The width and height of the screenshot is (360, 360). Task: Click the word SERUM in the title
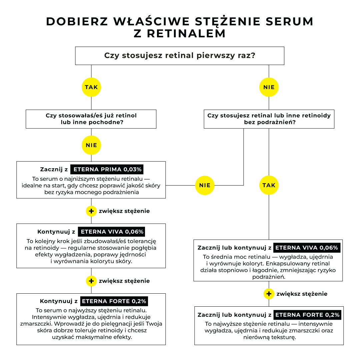[x=289, y=21]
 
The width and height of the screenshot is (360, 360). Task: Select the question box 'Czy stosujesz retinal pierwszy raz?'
[x=180, y=55]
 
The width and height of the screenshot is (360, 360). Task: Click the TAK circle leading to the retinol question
[x=91, y=87]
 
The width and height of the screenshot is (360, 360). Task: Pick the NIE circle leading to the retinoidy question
[x=269, y=87]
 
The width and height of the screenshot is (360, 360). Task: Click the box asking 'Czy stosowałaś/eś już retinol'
[x=91, y=119]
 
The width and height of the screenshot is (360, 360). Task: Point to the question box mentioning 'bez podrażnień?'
[x=269, y=119]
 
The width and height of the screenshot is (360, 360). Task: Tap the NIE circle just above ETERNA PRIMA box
[x=91, y=145]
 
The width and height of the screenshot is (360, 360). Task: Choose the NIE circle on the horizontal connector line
[x=205, y=185]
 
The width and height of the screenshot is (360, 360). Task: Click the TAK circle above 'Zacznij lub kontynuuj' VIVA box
[x=269, y=185]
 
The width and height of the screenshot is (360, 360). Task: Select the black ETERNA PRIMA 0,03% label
[x=107, y=169]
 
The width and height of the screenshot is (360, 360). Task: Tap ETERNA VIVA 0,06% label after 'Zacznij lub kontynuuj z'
[x=307, y=248]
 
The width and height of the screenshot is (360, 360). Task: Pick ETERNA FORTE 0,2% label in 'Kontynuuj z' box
[x=114, y=301]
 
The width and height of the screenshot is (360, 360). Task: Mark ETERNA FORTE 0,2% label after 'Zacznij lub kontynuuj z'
[x=307, y=315]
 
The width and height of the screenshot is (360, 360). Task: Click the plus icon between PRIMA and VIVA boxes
[x=91, y=211]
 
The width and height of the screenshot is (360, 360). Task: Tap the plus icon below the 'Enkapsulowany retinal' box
[x=269, y=294]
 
